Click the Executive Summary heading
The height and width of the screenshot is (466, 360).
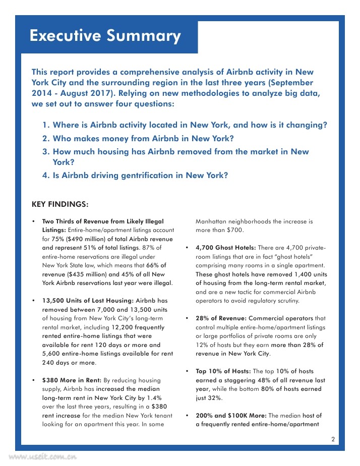click(x=105, y=36)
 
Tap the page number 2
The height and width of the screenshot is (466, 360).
click(x=333, y=439)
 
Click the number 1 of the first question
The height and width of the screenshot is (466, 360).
click(x=45, y=125)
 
